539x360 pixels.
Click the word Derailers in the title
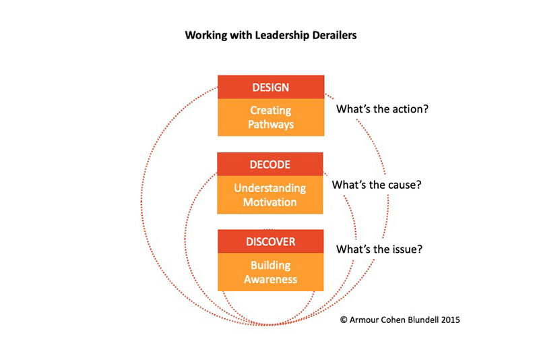[334, 35]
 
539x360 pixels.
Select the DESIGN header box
[271, 87]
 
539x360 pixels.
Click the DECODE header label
[270, 164]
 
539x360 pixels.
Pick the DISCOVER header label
[271, 242]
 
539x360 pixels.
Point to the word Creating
[271, 111]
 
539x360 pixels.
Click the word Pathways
[271, 124]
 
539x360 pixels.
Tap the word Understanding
[270, 188]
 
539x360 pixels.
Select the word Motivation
[270, 202]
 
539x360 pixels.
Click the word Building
[271, 266]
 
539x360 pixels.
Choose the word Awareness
[271, 279]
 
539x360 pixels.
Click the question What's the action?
[382, 109]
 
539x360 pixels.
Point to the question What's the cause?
[377, 185]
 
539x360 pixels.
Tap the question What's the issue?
[379, 249]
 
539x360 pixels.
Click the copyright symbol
[344, 320]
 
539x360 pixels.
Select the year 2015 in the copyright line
[450, 320]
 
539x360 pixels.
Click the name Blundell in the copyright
[423, 320]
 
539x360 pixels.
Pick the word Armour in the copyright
[364, 320]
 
